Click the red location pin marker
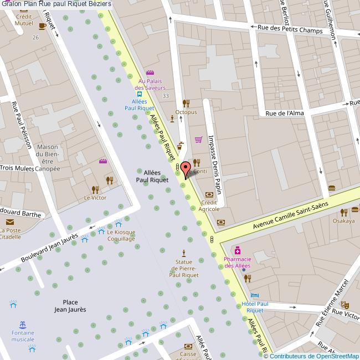coord(186,168)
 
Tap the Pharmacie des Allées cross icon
coord(237,250)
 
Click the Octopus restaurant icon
coord(186,103)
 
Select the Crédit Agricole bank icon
coord(209,194)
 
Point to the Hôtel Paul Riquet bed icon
coord(254,295)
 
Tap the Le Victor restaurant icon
coord(109,180)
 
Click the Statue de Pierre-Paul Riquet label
coord(183,268)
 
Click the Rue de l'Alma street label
coord(285,113)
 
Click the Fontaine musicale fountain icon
coord(23,324)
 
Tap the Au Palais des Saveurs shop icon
coord(149,73)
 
